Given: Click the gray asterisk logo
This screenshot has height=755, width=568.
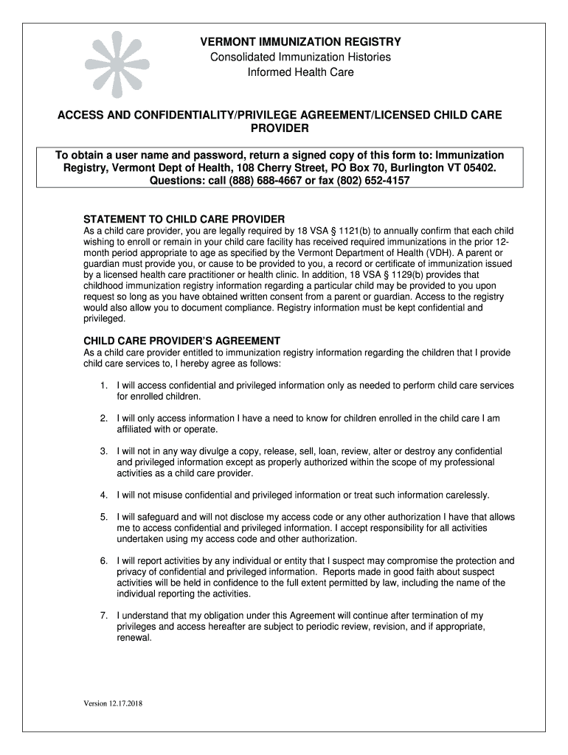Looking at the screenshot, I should pyautogui.click(x=117, y=65).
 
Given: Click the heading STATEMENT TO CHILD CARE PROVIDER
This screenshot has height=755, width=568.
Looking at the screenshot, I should pyautogui.click(x=184, y=220).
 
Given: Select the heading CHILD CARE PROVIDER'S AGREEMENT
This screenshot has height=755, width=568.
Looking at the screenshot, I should pyautogui.click(x=181, y=341).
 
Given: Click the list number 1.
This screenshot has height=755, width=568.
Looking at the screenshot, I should pyautogui.click(x=104, y=386).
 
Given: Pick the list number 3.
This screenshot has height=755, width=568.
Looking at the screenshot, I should pyautogui.click(x=104, y=450).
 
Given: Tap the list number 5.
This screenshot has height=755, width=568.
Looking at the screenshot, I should pyautogui.click(x=104, y=517).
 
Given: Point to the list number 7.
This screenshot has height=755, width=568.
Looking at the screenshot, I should pyautogui.click(x=104, y=615).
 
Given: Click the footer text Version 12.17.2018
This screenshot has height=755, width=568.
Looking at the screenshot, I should pyautogui.click(x=112, y=703).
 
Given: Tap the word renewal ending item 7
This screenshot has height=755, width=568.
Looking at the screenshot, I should pyautogui.click(x=134, y=638).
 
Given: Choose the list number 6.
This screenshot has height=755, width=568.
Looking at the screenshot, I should pyautogui.click(x=104, y=561).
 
